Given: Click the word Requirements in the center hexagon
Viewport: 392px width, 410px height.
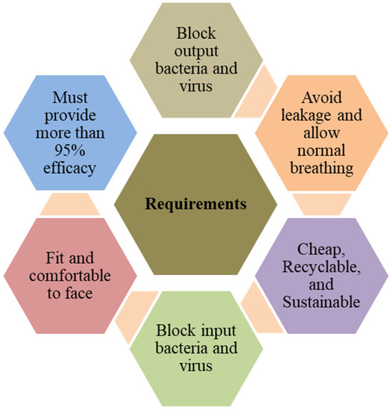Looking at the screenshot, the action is [196, 204].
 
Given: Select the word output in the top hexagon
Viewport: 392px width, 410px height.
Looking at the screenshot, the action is [196, 51].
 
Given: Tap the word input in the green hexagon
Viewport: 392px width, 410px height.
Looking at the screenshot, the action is [216, 331].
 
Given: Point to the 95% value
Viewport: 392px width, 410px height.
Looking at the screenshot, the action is [70, 150].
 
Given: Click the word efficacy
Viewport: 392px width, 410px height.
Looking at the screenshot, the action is [69, 168].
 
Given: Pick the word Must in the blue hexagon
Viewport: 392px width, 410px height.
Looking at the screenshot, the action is [70, 98].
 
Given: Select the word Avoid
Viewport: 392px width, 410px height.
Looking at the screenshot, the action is [321, 97].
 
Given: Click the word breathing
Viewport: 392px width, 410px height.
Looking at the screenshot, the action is [322, 168].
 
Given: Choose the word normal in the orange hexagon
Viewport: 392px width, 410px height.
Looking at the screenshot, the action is [321, 151].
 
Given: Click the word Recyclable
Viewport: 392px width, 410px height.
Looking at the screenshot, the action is [321, 267].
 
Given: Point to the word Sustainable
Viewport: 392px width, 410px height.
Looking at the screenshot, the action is [321, 301].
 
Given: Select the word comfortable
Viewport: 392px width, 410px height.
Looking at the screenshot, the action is [70, 276].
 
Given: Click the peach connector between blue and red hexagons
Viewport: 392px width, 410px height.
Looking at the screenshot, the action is [70, 204].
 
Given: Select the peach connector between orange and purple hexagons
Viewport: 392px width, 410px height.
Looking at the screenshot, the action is [322, 205].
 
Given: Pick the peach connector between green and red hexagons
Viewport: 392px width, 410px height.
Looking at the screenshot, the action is [136, 317].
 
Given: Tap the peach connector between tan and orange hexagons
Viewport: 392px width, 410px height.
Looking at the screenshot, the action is [256, 91].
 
